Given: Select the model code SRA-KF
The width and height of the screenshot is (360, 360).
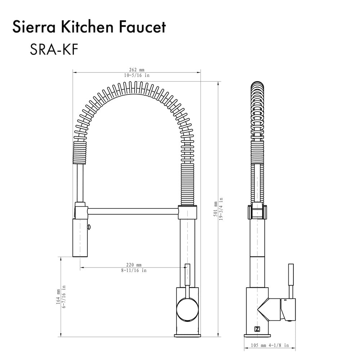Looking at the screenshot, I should point(54,50).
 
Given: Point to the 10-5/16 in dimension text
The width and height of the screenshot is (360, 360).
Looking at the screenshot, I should point(137,76).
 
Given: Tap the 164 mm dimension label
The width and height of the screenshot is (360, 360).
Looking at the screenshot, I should point(58,297).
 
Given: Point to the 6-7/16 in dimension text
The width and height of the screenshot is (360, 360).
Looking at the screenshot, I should point(64,297).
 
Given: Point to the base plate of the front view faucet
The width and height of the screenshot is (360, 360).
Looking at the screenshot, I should point(187,336).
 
